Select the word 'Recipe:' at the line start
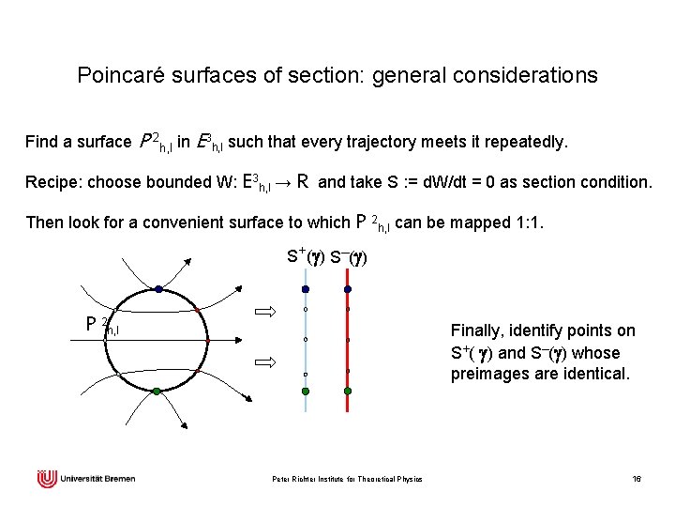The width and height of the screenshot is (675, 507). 54,182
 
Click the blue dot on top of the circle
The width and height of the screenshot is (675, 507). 159,289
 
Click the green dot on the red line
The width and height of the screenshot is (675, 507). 348,390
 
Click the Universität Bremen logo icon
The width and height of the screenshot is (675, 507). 47,480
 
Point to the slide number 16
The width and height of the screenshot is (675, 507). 637,480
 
